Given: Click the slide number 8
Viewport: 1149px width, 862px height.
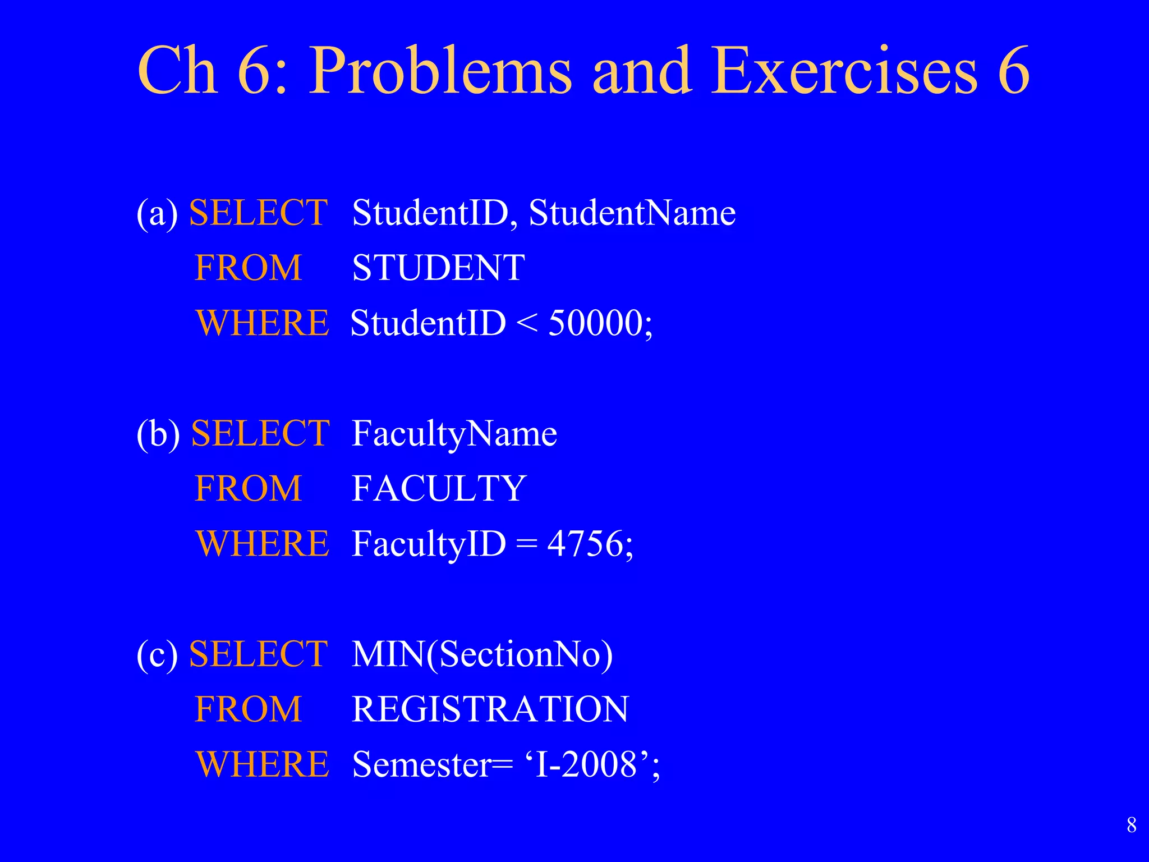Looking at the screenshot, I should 1132,825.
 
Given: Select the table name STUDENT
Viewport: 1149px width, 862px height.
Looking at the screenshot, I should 438,268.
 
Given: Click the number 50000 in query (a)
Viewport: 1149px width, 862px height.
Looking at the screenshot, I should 595,323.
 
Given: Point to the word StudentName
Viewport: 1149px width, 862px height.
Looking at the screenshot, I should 632,213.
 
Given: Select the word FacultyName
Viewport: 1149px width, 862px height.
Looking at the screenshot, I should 454,434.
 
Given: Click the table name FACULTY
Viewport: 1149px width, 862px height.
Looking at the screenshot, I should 439,488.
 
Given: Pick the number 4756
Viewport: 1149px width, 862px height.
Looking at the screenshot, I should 585,544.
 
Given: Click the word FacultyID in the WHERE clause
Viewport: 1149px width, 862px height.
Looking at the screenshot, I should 429,544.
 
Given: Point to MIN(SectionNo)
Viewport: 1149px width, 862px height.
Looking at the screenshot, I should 482,654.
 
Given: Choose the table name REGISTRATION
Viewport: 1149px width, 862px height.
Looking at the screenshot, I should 490,709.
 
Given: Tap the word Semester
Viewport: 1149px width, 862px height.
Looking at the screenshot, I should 421,764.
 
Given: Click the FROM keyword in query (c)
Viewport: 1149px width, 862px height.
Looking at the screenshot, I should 249,709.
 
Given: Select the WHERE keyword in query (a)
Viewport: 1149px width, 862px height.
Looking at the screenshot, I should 263,323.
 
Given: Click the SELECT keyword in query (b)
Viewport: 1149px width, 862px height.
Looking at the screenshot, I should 260,434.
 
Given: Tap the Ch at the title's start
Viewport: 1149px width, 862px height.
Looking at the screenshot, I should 177,72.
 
